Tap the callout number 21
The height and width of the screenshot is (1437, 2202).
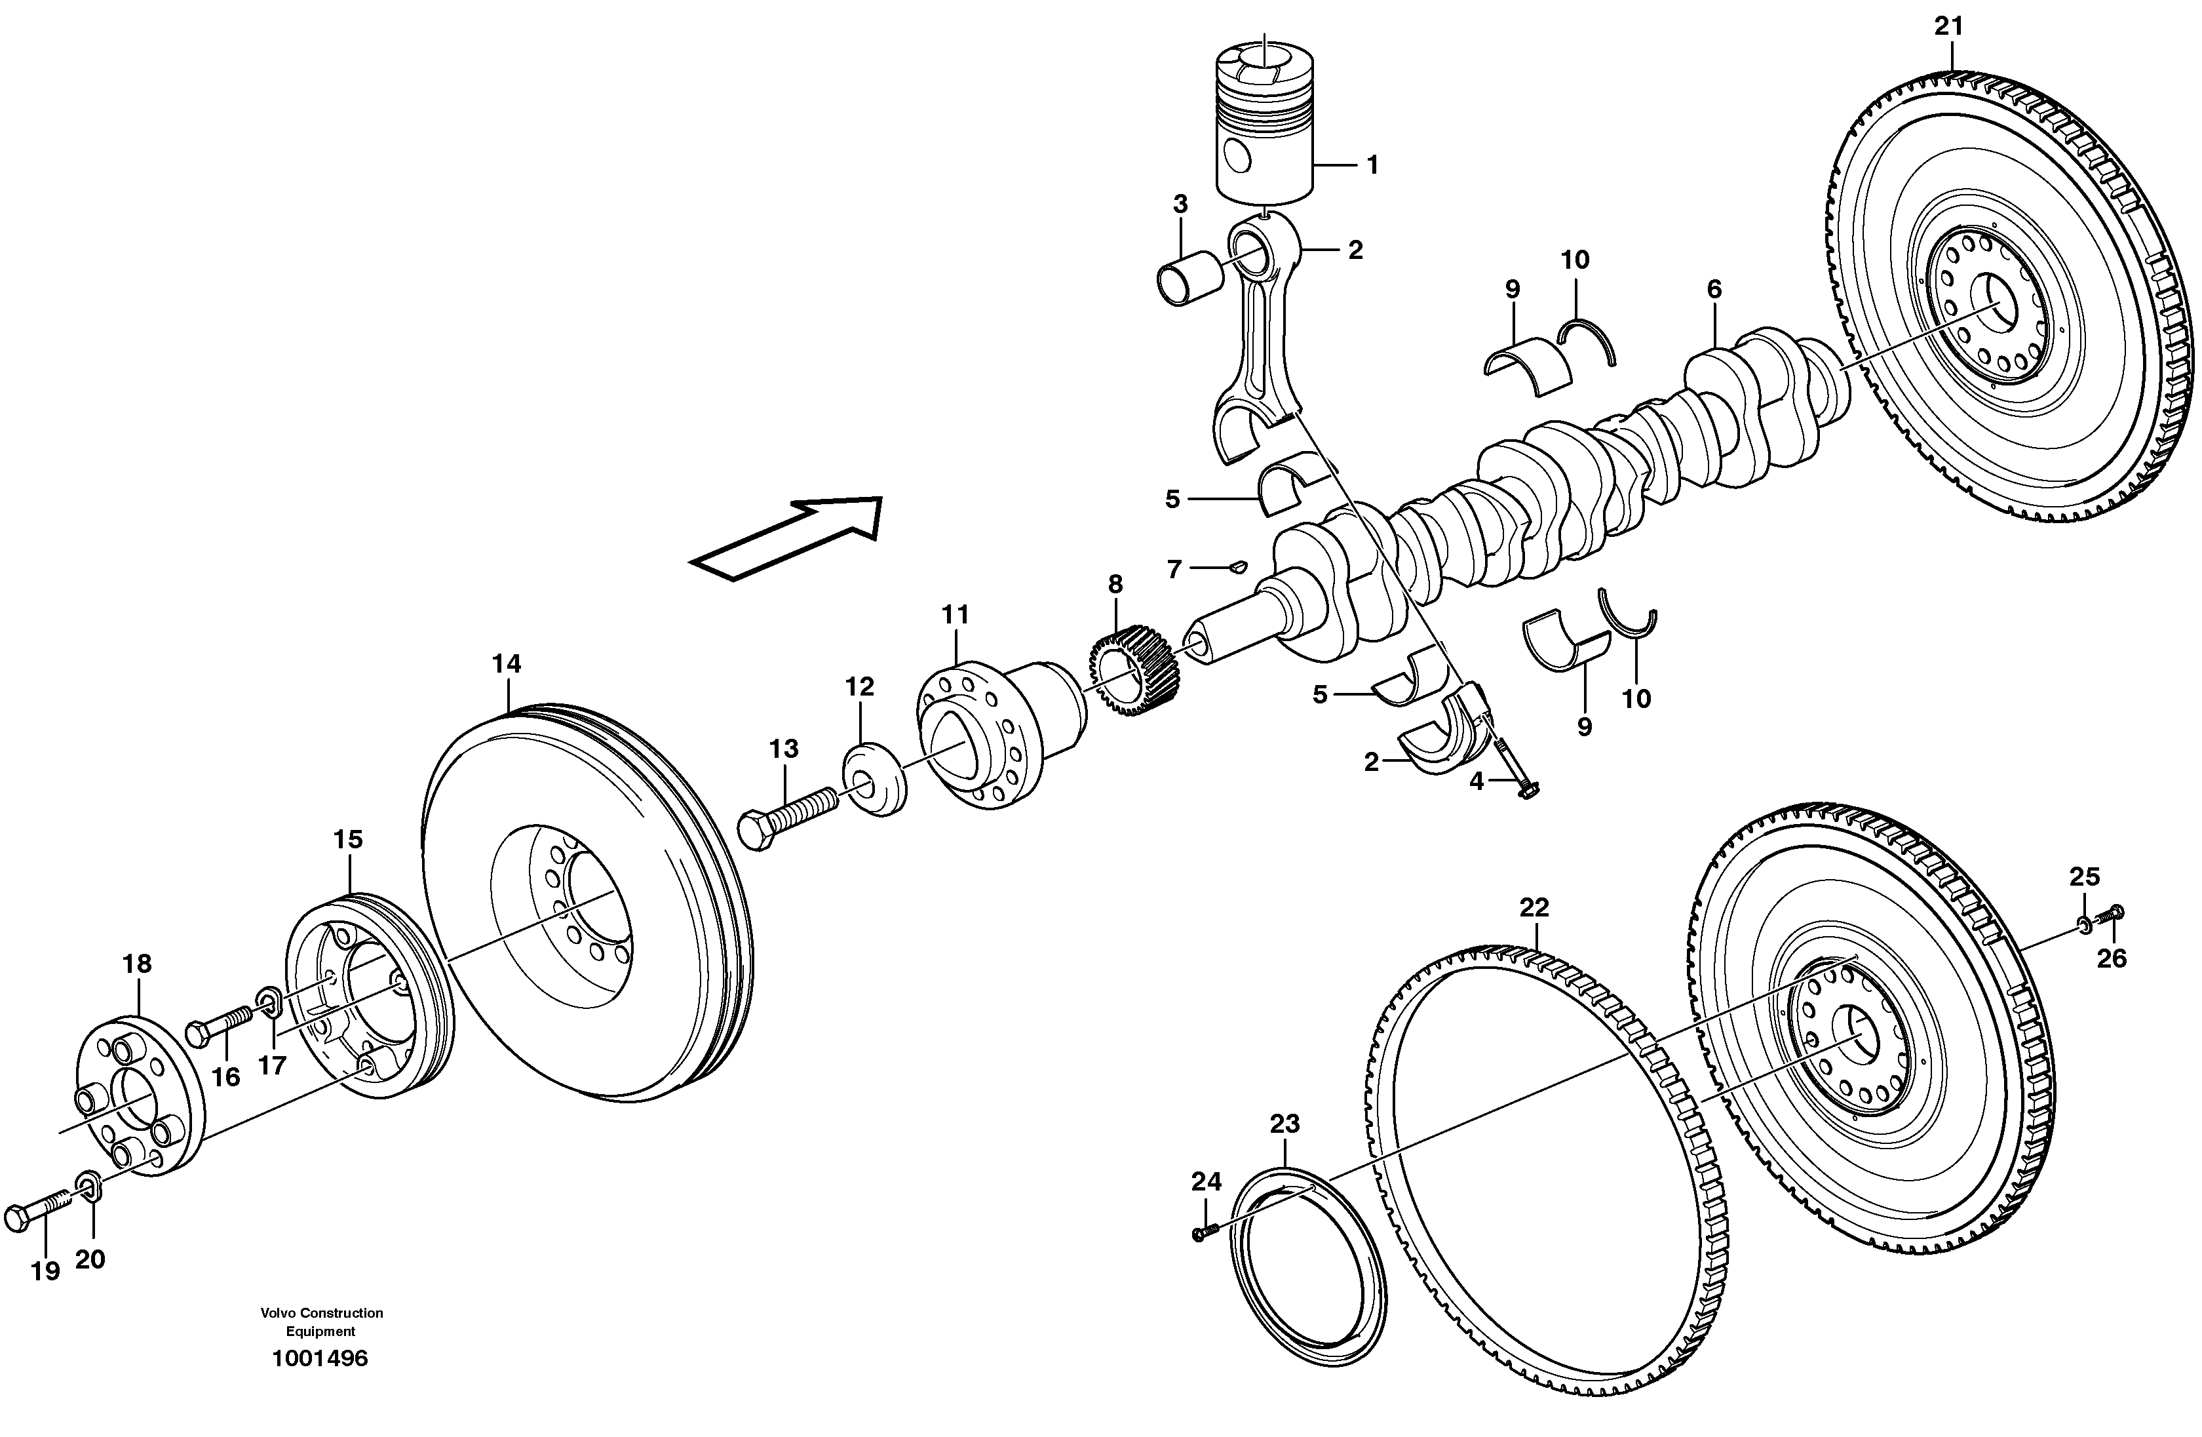pos(1948,27)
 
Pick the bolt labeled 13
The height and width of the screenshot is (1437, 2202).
pos(786,816)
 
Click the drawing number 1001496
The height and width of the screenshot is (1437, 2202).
pos(319,1359)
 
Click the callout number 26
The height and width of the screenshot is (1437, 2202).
pos(2112,958)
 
